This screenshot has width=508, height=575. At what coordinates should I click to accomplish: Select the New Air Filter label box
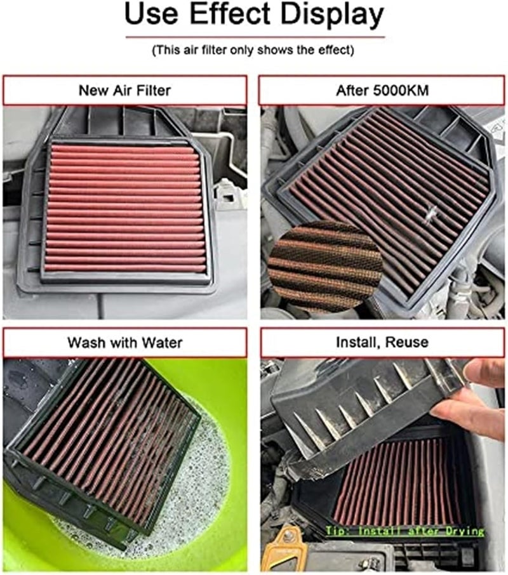124,90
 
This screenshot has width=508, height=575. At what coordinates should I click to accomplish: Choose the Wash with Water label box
124,343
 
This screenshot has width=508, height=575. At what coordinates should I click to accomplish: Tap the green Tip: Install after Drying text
405,531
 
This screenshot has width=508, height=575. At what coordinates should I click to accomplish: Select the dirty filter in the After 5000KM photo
406,190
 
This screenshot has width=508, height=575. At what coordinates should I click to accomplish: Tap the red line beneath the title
253,37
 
